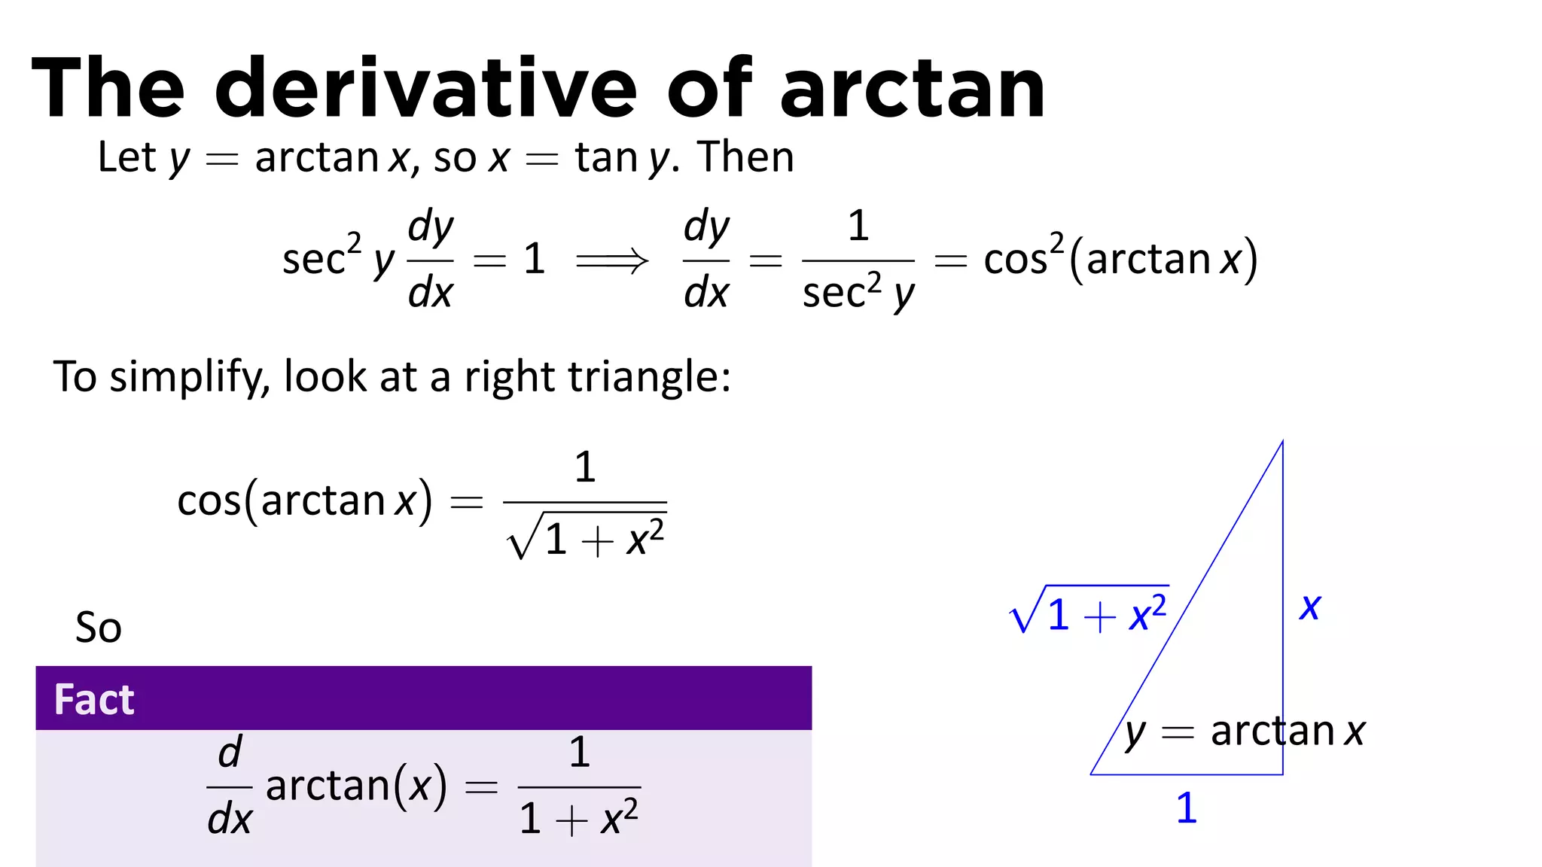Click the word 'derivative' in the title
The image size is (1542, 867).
[425, 89]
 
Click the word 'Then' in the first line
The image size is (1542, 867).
[745, 157]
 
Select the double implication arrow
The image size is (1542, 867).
[611, 261]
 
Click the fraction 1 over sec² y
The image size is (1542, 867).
[858, 260]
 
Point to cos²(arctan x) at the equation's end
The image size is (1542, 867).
[1120, 260]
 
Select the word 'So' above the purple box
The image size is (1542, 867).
[98, 627]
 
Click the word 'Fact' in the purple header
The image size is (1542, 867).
[94, 699]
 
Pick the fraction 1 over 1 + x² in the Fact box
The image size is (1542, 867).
[579, 787]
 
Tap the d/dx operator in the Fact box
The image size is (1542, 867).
[230, 787]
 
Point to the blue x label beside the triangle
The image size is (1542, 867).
[1309, 607]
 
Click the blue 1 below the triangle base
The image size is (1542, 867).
[1186, 808]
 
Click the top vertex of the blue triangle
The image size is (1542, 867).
[1282, 443]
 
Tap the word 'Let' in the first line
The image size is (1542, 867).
[126, 157]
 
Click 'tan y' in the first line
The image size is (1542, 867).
[622, 159]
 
